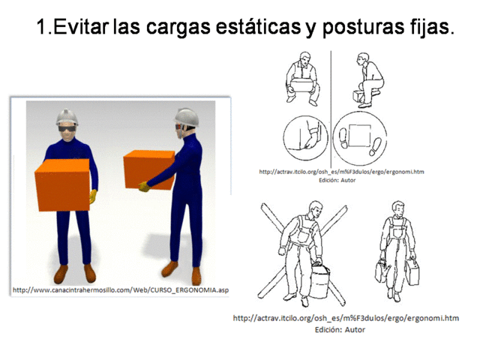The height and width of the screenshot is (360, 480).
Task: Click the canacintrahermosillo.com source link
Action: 121,290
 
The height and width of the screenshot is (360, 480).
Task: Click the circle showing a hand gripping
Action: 304,139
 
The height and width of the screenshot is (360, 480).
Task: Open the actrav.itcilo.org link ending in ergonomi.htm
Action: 346,319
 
